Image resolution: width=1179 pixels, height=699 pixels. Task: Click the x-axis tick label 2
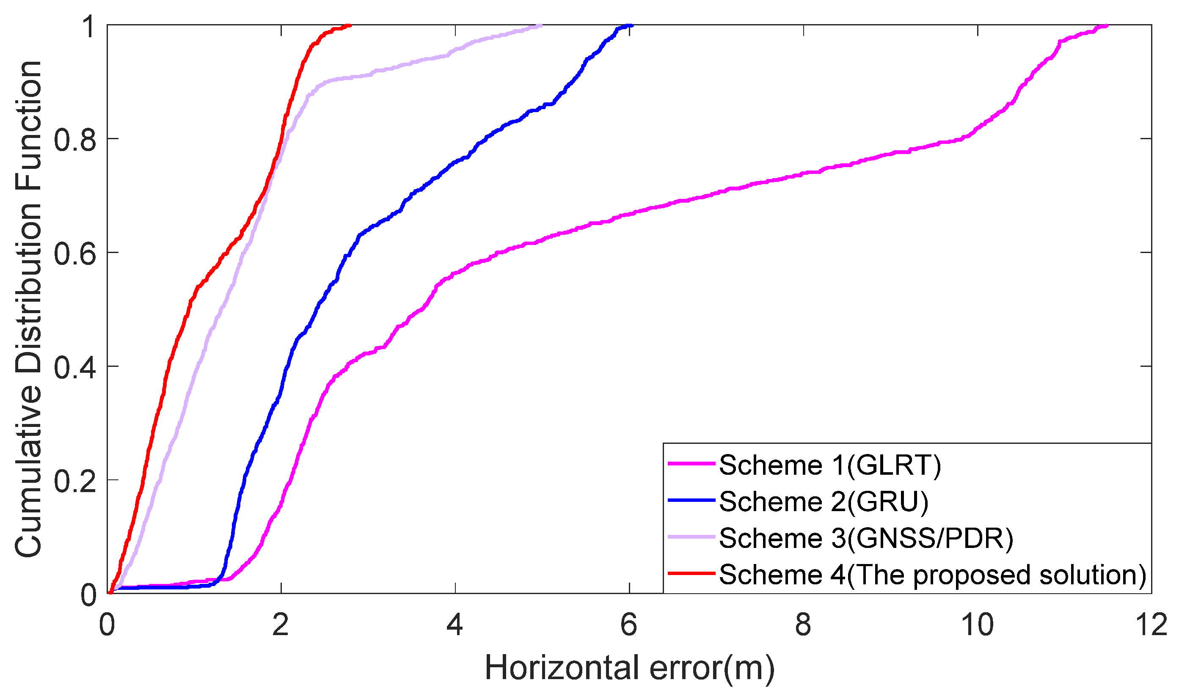(x=281, y=625)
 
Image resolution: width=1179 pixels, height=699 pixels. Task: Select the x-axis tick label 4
(x=455, y=625)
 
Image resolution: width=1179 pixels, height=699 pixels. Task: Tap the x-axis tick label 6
(x=629, y=625)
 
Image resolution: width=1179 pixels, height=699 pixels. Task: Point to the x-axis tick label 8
(x=803, y=625)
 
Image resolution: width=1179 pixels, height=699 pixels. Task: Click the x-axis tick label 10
(x=978, y=625)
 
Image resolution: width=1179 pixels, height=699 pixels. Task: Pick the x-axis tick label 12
(x=1151, y=625)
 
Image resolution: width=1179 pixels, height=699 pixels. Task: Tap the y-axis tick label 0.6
(x=75, y=254)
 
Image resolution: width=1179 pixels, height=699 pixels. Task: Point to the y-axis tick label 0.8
(x=75, y=140)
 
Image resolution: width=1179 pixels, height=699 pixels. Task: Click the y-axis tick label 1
(x=89, y=26)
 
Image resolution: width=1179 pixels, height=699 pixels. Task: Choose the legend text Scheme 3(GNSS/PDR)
(x=866, y=538)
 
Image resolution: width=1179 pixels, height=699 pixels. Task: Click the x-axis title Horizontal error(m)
(x=629, y=669)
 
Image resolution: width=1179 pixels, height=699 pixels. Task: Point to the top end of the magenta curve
(x=1107, y=26)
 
